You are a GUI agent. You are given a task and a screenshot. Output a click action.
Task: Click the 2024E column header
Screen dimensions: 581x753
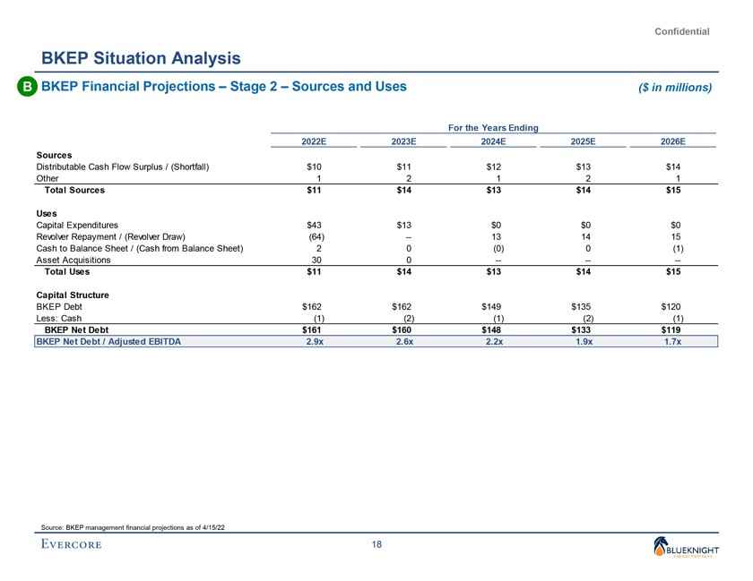pos(493,141)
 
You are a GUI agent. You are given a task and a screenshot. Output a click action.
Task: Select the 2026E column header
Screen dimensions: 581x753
pos(673,141)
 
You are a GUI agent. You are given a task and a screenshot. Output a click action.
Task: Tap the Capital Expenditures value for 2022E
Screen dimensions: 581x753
pos(314,225)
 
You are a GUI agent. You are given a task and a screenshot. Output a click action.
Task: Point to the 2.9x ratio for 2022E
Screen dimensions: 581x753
pos(314,341)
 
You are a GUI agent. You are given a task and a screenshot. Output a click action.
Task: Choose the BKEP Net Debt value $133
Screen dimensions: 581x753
pos(583,329)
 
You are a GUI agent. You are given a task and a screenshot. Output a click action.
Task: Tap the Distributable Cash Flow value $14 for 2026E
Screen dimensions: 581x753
pos(673,167)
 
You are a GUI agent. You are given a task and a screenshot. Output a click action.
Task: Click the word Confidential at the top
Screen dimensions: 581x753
pos(682,31)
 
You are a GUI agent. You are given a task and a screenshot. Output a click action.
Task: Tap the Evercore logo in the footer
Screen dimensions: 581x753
pos(70,545)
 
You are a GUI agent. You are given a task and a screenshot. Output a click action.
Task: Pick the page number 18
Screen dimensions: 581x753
pos(376,545)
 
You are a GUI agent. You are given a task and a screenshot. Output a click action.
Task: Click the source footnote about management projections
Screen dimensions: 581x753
pos(134,525)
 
